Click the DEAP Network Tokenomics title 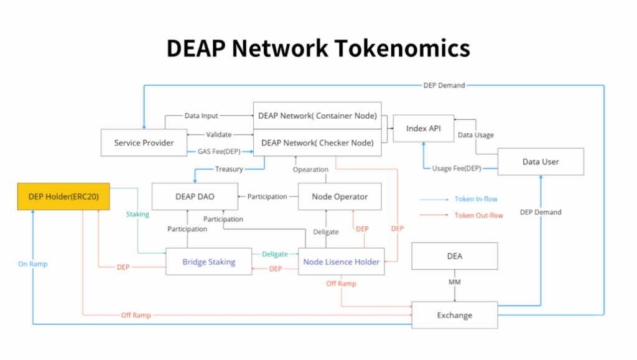[x=318, y=48]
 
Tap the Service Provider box [x=144, y=142]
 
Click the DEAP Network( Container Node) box [x=317, y=116]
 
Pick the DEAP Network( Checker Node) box [x=317, y=142]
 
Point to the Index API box [x=424, y=128]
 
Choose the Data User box [x=541, y=162]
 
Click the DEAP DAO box [x=195, y=196]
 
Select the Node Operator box [x=340, y=196]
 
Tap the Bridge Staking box [x=208, y=262]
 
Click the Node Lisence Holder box [x=341, y=262]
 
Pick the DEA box [x=454, y=256]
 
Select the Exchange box [x=454, y=315]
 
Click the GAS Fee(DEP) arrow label [x=219, y=152]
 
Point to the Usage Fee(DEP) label [x=456, y=168]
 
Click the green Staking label [x=137, y=214]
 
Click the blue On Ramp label [x=32, y=264]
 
